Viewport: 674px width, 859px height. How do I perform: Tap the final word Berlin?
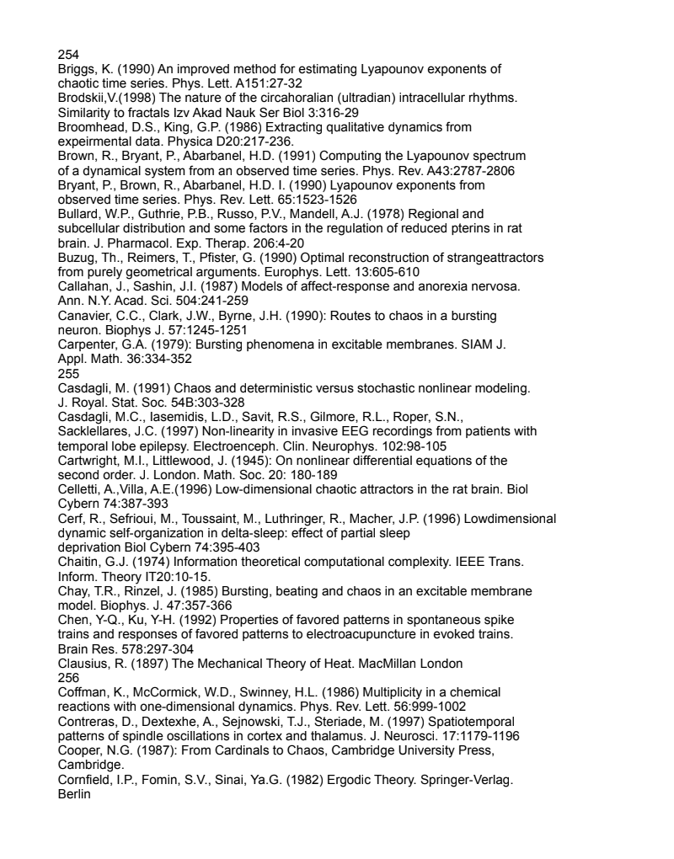pyautogui.click(x=74, y=793)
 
